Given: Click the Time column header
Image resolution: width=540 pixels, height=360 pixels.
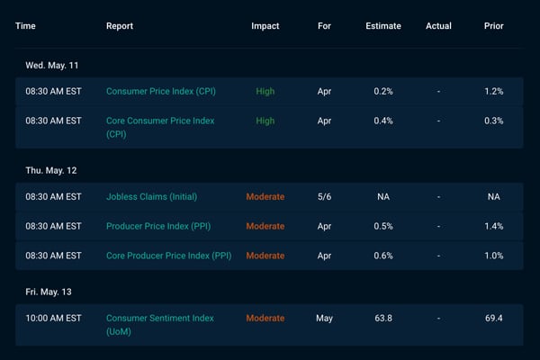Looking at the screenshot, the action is (25, 26).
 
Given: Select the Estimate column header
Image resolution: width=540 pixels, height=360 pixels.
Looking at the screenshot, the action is (383, 26).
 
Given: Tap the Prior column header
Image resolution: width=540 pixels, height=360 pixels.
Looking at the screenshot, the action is (493, 26).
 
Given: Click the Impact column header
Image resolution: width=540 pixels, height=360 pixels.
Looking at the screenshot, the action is (265, 26).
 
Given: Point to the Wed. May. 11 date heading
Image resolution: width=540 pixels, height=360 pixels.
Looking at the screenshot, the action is (52, 66).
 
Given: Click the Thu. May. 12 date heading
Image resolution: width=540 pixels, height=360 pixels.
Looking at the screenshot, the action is (51, 170).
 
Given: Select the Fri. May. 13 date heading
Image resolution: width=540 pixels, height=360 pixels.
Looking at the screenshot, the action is (49, 292).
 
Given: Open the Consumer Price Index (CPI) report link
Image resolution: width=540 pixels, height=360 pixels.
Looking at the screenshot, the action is (161, 91).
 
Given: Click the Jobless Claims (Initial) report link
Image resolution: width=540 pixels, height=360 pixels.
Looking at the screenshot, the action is (151, 197).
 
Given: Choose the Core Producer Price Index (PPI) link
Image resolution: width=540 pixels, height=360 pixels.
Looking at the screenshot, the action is (169, 256).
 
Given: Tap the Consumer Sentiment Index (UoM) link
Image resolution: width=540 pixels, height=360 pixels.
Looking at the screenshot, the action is (160, 325).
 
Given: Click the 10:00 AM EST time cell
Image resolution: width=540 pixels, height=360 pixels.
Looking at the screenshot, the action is (53, 318).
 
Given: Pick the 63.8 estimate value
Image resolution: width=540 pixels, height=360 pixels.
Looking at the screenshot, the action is (383, 318).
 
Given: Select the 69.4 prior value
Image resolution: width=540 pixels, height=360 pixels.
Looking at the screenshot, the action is (493, 318).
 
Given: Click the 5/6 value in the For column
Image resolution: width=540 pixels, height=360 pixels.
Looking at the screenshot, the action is (324, 197).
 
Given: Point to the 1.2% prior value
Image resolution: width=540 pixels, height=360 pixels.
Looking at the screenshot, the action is (493, 91).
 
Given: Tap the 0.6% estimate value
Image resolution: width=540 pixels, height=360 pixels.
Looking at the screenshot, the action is (383, 256).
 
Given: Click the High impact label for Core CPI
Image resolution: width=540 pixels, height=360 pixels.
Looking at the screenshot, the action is (265, 121).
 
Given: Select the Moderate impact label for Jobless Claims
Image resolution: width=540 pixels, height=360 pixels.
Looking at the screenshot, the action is (265, 197).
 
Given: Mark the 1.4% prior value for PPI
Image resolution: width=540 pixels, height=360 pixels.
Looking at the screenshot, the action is (493, 226).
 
